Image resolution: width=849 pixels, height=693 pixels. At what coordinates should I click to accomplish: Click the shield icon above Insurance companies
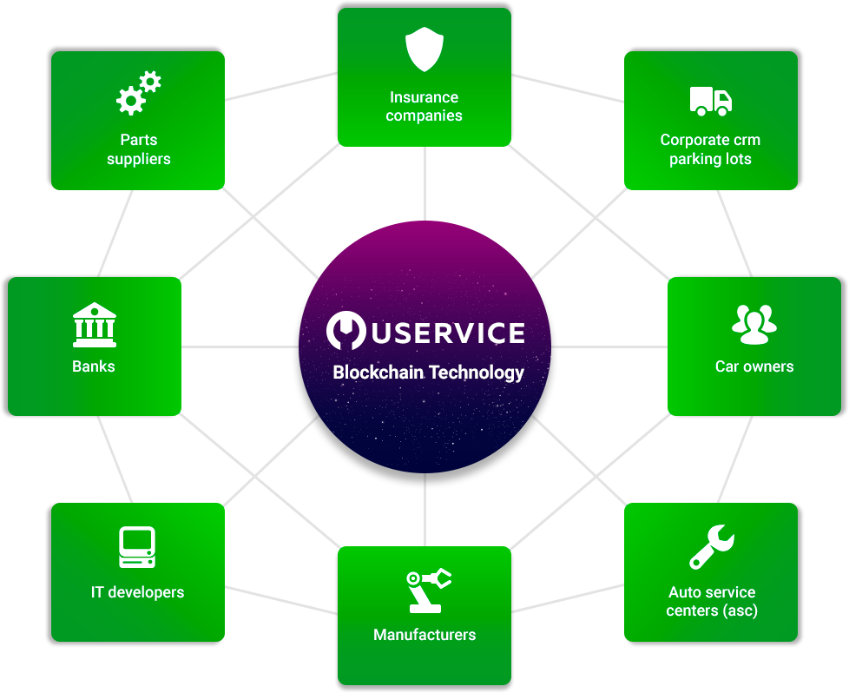[x=424, y=51]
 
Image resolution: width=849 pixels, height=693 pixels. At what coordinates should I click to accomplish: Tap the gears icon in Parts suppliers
[x=139, y=94]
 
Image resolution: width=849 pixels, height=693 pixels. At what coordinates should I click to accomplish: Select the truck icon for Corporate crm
[x=710, y=101]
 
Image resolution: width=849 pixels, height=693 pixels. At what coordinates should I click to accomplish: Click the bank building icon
[x=94, y=325]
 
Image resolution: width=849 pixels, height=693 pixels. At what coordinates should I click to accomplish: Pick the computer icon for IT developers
[x=137, y=548]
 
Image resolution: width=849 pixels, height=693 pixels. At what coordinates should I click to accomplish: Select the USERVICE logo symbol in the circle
[x=345, y=332]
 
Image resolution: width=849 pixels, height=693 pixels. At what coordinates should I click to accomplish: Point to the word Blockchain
[x=373, y=373]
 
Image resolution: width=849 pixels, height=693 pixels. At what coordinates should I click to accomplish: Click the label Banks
[x=94, y=366]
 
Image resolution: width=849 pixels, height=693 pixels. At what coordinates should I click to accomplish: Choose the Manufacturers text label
[x=424, y=635]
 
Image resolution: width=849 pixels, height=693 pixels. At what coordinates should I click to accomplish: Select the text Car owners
[x=754, y=366]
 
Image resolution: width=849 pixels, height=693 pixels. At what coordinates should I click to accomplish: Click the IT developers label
[x=137, y=592]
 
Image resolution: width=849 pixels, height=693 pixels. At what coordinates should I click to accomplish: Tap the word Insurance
[x=424, y=97]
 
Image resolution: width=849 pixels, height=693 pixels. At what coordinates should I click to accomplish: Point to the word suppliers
[x=139, y=159]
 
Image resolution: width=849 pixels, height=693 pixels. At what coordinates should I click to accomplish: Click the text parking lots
[x=710, y=159]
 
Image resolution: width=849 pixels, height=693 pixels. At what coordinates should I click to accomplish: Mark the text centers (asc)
[x=712, y=610]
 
